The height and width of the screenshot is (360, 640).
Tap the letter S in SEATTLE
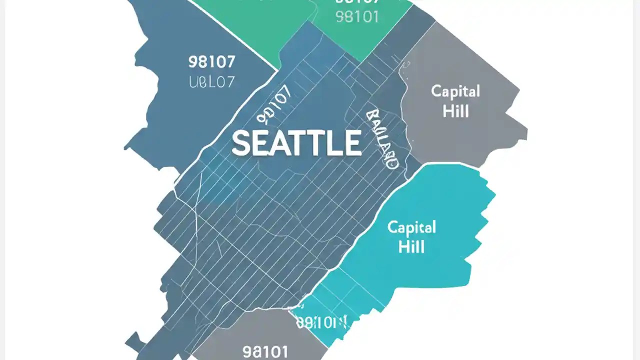coord(241,142)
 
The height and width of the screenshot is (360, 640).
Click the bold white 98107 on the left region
coord(212,62)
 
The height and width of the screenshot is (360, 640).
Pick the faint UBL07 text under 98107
coord(212,82)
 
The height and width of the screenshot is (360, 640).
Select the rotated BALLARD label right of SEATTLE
coord(382,139)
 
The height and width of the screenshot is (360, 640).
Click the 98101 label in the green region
coord(357,16)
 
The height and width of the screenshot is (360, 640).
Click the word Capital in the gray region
coord(455,91)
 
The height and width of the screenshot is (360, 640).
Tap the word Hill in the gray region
coord(455,110)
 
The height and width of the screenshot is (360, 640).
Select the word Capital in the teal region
coord(411,228)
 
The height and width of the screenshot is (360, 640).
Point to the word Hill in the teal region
coord(411,246)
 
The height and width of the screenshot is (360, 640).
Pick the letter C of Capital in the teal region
coord(392,228)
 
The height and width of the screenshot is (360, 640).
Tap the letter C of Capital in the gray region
coord(436,91)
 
